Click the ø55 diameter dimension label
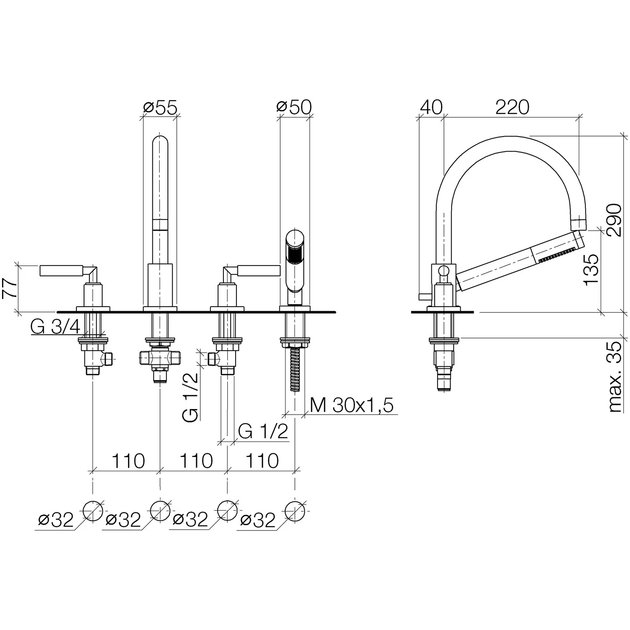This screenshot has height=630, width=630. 160,108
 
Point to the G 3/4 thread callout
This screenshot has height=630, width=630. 55,327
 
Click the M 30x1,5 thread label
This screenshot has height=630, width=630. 352,406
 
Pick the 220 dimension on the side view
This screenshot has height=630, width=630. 512,108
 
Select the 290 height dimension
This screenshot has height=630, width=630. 614,220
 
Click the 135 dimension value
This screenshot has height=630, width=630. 591,269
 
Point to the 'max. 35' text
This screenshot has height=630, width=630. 614,377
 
